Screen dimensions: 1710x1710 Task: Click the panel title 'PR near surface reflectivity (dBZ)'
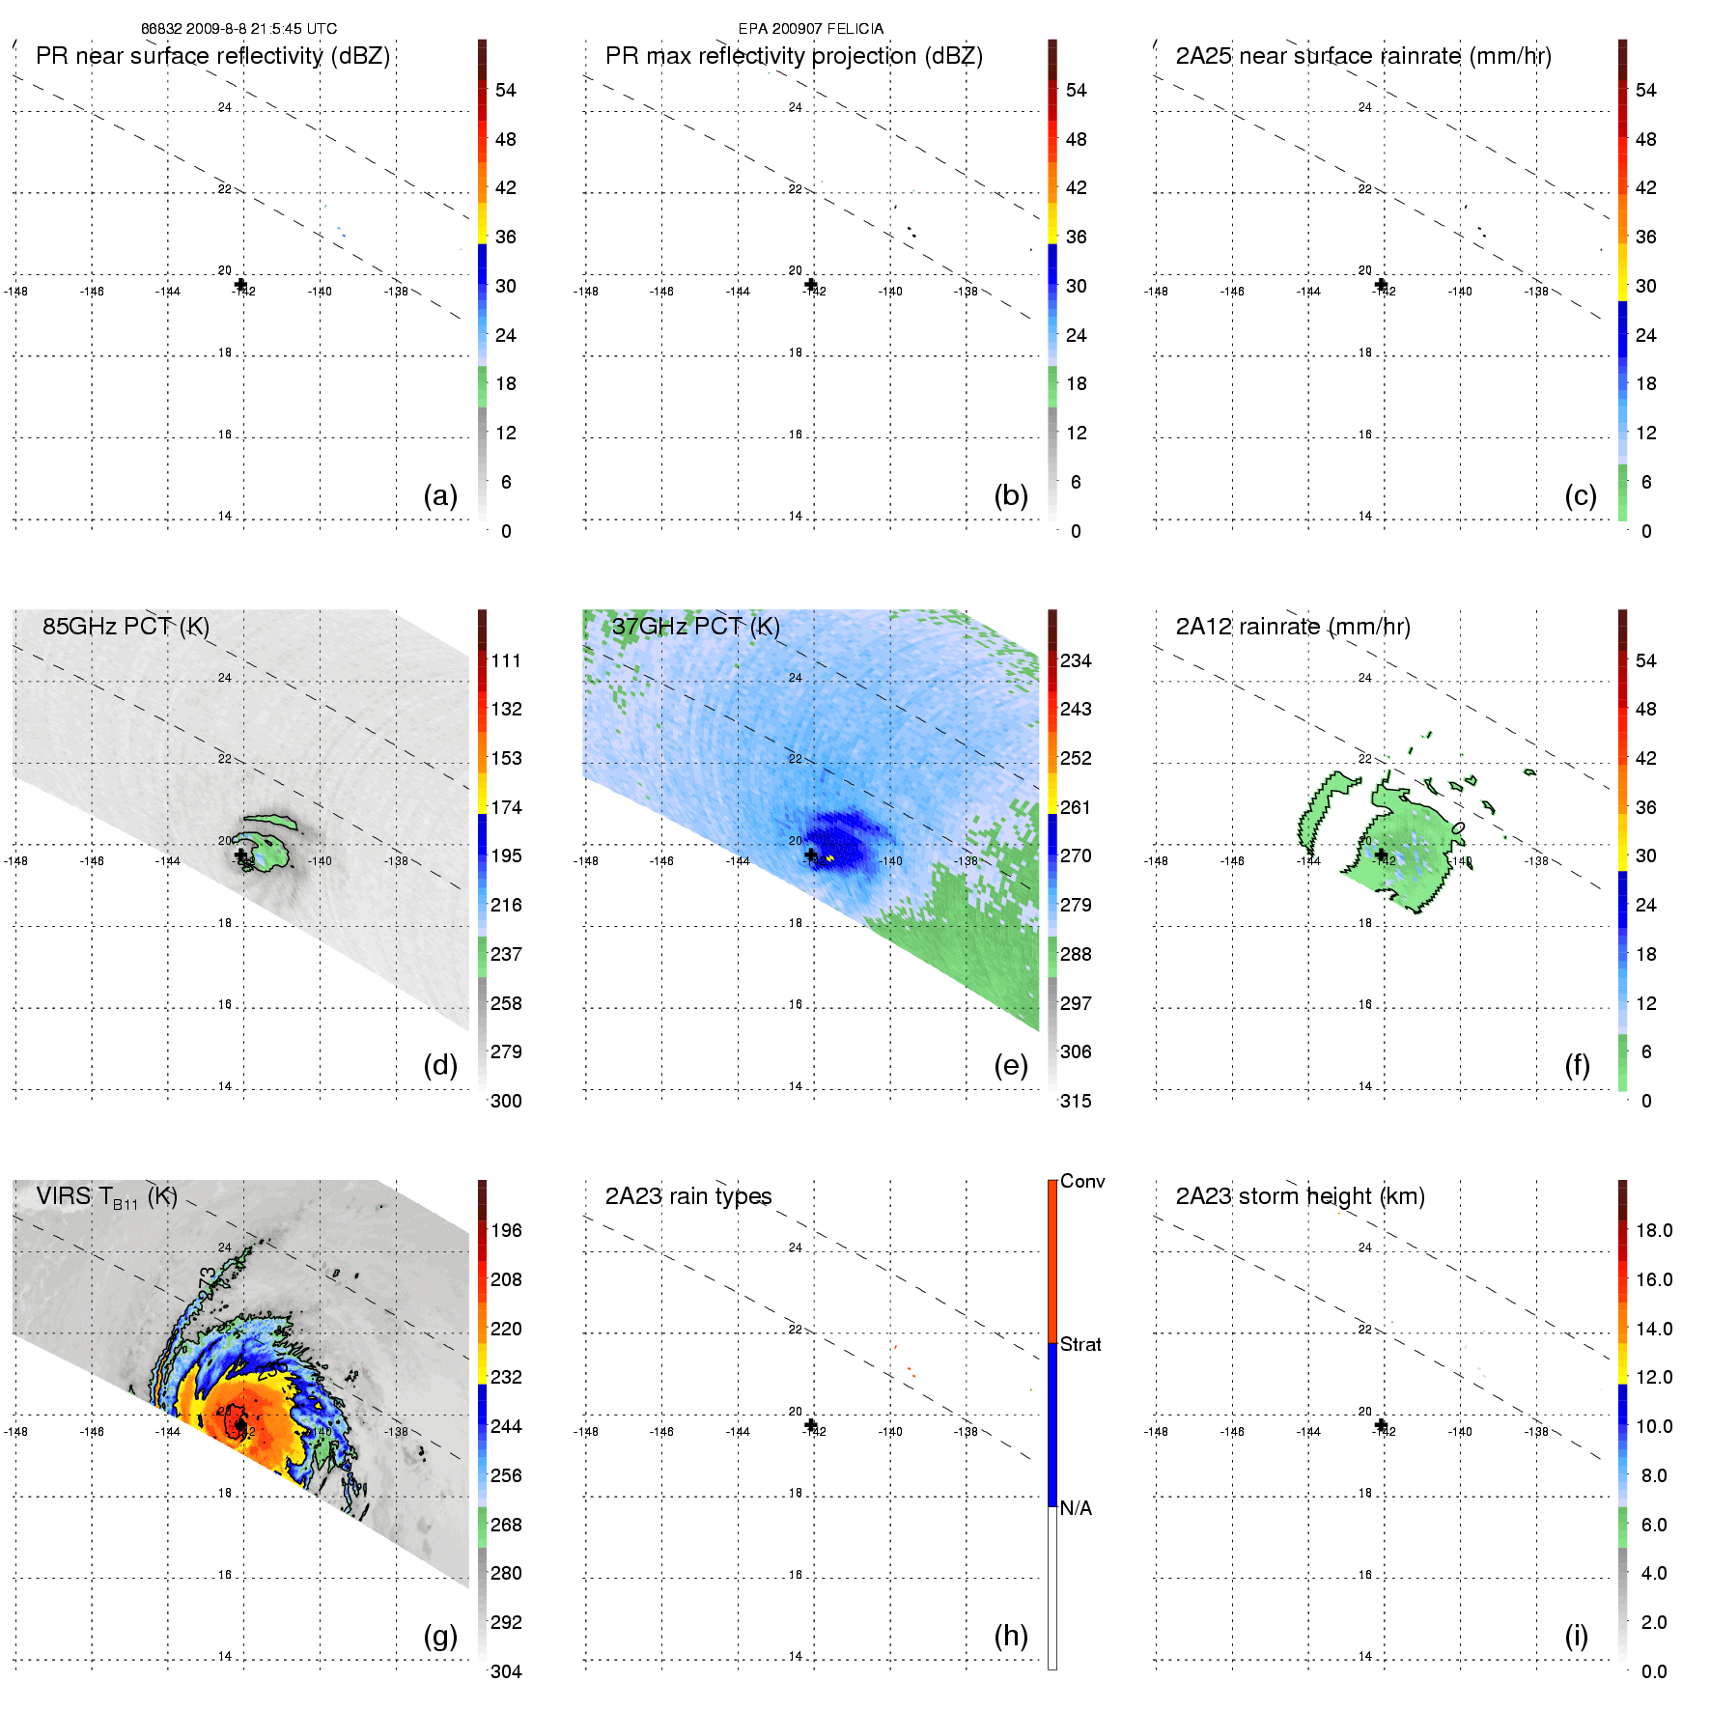pos(212,56)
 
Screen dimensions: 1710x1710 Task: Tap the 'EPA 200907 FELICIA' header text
pos(810,29)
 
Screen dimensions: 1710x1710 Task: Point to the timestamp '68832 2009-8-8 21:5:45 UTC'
pos(238,29)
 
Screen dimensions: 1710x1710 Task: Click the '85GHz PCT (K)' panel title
pos(126,626)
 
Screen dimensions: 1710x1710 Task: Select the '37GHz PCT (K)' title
pos(696,626)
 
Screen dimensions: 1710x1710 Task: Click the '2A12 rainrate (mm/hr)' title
pos(1292,626)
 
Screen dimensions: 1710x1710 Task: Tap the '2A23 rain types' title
pos(687,1196)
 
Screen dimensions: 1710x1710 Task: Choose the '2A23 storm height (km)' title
pos(1300,1196)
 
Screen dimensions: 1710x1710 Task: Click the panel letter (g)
pos(440,1636)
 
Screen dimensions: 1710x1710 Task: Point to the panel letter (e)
pos(1010,1065)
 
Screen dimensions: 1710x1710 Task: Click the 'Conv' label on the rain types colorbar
pos(1081,1181)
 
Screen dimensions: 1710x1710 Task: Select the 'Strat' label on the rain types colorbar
pos(1080,1344)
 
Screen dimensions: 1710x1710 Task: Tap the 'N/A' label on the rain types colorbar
pos(1076,1508)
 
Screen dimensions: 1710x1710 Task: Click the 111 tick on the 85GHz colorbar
pos(506,660)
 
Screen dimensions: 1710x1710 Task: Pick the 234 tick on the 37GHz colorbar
pos(1076,660)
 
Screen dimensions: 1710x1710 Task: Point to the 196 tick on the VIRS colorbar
pos(506,1230)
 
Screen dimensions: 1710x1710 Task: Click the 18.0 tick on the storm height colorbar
pos(1653,1230)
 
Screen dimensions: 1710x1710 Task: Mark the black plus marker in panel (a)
pos(240,284)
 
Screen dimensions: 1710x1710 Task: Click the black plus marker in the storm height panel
pos(1381,1425)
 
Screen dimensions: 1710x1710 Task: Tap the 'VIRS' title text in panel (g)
pos(66,1196)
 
